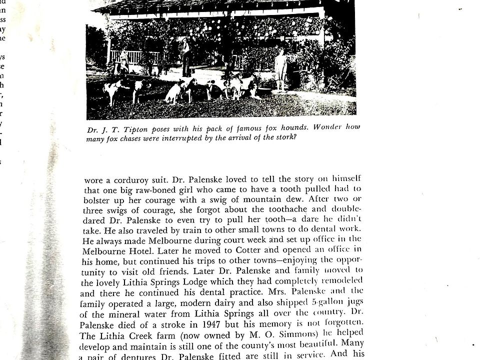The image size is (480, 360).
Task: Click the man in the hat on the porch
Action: click(x=186, y=56)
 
